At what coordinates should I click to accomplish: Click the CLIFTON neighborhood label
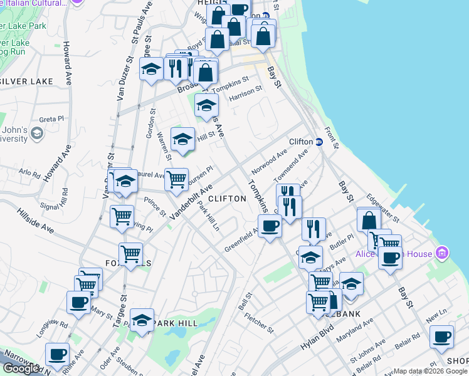[x=227, y=199]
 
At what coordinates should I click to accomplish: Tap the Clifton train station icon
[x=319, y=142]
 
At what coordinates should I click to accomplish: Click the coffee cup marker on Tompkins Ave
[x=270, y=226]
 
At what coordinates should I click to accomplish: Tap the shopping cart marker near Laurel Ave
[x=176, y=179]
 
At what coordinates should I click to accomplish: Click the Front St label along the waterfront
[x=332, y=137]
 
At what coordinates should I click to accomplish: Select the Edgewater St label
[x=383, y=207]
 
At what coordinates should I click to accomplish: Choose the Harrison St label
[x=245, y=93]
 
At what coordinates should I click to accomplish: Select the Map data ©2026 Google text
[x=430, y=371]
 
